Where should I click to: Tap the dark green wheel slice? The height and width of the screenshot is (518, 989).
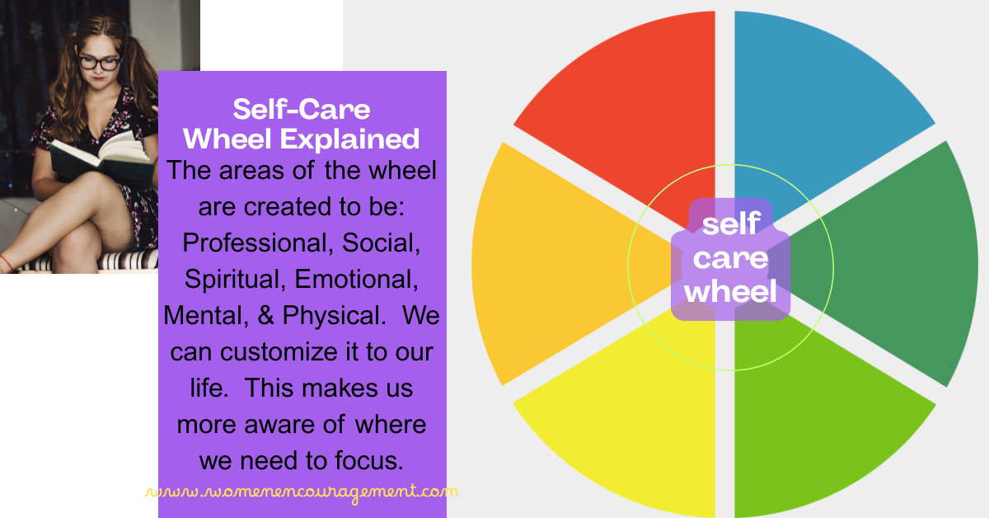[x=898, y=264]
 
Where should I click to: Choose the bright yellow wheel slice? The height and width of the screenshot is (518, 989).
[x=626, y=429]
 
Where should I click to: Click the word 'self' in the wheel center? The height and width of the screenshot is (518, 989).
[x=731, y=225]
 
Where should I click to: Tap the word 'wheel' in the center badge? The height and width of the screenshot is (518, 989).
[x=731, y=291]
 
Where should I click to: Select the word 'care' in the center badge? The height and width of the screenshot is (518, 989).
[x=731, y=258]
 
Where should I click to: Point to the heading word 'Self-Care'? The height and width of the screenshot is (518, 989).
[x=302, y=110]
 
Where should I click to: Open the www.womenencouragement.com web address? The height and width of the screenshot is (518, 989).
[x=302, y=492]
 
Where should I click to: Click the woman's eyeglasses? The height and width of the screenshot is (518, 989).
[x=99, y=60]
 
